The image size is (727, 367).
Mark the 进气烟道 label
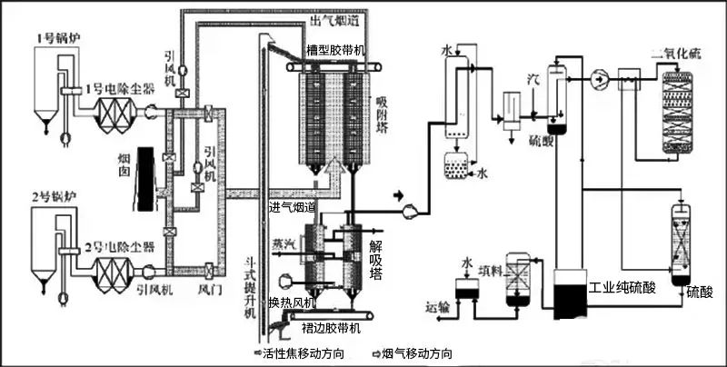[292, 208]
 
